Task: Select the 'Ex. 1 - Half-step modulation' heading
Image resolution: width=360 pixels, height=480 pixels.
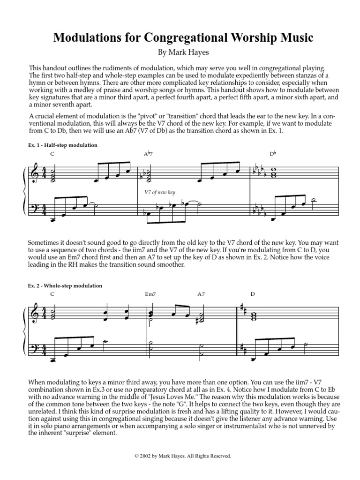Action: pos(63,145)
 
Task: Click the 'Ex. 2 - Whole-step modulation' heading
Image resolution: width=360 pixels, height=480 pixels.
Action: pos(65,285)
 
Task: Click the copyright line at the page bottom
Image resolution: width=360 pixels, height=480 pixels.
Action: pos(180,456)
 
